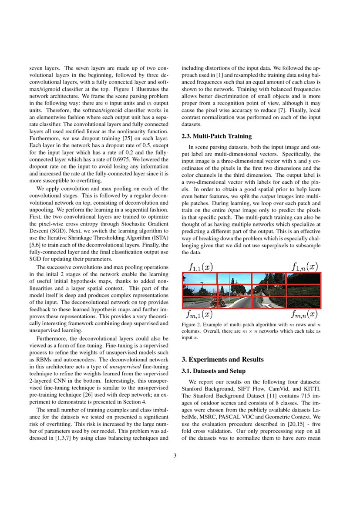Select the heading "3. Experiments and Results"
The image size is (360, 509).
click(x=222, y=359)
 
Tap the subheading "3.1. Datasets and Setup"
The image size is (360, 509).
click(x=213, y=371)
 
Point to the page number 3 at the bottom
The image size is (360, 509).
click(x=175, y=456)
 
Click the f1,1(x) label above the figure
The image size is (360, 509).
click(x=201, y=266)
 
